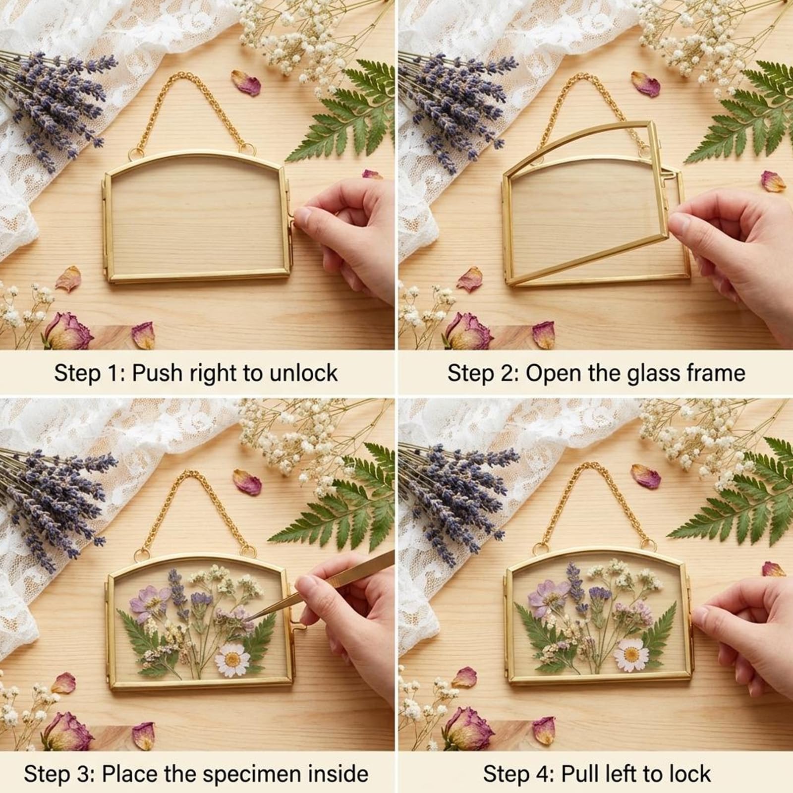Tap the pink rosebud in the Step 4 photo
tap(468, 728)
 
